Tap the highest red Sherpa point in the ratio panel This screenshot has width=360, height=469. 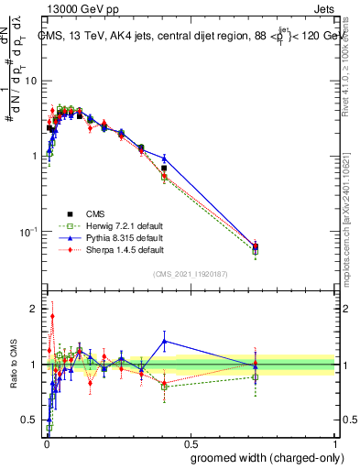pyautogui.click(x=52, y=316)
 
